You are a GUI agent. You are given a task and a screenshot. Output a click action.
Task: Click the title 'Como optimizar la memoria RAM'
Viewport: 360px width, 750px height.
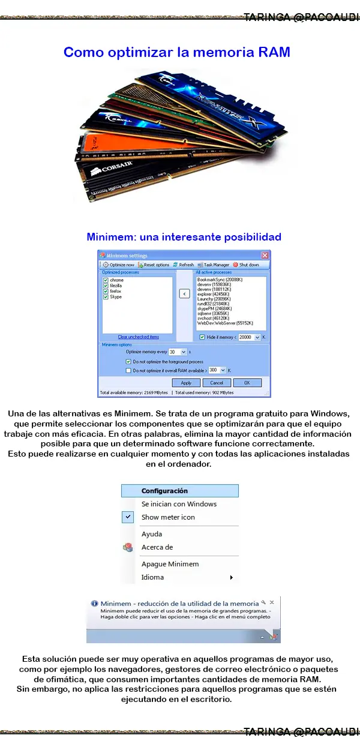(177, 52)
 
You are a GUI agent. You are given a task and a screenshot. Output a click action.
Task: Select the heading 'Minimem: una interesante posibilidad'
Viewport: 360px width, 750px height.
(184, 236)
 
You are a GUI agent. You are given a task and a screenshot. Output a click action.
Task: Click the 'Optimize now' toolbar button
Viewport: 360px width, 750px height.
(118, 265)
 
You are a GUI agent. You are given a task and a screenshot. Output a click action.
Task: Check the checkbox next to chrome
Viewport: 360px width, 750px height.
(106, 280)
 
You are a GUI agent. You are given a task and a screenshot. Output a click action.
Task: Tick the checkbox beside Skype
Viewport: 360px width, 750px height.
(106, 296)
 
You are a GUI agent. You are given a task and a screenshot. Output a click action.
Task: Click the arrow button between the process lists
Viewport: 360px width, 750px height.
(185, 294)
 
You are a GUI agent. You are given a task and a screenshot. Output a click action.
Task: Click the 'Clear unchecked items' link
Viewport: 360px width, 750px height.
(138, 337)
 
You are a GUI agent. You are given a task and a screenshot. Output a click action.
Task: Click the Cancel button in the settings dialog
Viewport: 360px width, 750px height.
(217, 382)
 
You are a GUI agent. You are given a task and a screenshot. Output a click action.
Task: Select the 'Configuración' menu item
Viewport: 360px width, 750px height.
(164, 491)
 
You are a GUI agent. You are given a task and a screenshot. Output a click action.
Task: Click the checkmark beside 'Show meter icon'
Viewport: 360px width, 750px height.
(128, 517)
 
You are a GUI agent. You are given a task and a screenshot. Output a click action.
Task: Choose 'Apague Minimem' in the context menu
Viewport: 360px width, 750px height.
(170, 564)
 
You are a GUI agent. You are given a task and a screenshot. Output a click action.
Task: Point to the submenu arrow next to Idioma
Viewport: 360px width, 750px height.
(232, 577)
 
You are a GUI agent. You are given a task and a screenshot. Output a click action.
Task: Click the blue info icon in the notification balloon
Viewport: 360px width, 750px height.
(94, 603)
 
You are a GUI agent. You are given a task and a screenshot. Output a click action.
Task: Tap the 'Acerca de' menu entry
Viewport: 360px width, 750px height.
(157, 547)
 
